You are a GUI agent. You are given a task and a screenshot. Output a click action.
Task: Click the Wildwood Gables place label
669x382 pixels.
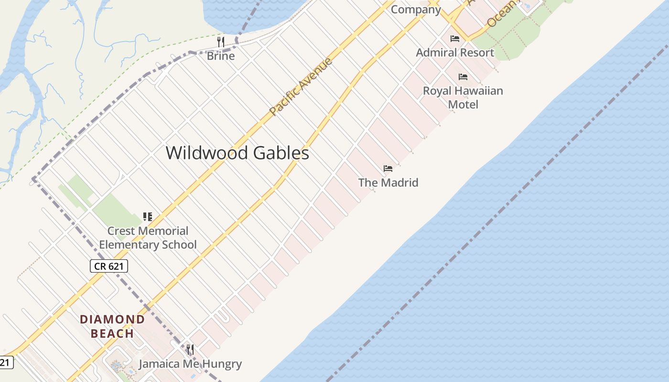pyautogui.click(x=237, y=153)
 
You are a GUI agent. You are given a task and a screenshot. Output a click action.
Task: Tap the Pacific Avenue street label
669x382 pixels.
pyautogui.click(x=300, y=86)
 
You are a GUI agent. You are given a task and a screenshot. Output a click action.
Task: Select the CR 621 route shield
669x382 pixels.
pyautogui.click(x=109, y=266)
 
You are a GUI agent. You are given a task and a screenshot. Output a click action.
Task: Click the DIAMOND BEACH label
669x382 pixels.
pyautogui.click(x=112, y=326)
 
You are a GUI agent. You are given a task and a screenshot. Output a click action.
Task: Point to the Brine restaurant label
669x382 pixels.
pyautogui.click(x=220, y=56)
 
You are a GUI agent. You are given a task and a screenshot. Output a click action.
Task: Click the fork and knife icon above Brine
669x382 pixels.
pyautogui.click(x=220, y=42)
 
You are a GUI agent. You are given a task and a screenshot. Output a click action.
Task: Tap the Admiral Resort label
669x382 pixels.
pyautogui.click(x=454, y=53)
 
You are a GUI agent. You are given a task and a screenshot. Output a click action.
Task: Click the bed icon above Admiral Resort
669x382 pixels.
pyautogui.click(x=454, y=38)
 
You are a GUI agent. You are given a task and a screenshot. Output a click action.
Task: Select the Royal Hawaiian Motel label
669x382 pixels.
pyautogui.click(x=463, y=97)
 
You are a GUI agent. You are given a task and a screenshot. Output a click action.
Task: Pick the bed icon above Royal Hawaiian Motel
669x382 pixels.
pyautogui.click(x=463, y=76)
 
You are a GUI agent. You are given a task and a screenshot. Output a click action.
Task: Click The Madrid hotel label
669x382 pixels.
pyautogui.click(x=388, y=182)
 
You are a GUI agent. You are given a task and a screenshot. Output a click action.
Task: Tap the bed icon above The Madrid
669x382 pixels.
pyautogui.click(x=388, y=168)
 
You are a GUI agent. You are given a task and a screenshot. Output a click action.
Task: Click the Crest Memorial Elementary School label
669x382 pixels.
pyautogui.click(x=148, y=238)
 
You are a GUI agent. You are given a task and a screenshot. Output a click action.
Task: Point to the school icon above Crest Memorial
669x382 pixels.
pyautogui.click(x=148, y=217)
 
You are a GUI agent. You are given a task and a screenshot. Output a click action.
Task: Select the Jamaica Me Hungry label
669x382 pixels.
pyautogui.click(x=190, y=364)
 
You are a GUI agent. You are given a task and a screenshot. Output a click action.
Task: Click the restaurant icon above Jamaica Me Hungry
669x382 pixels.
pyautogui.click(x=190, y=350)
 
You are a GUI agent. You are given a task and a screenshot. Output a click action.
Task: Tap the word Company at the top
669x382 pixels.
pyautogui.click(x=415, y=10)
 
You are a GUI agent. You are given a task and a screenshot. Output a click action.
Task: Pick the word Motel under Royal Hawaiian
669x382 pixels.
pyautogui.click(x=463, y=104)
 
